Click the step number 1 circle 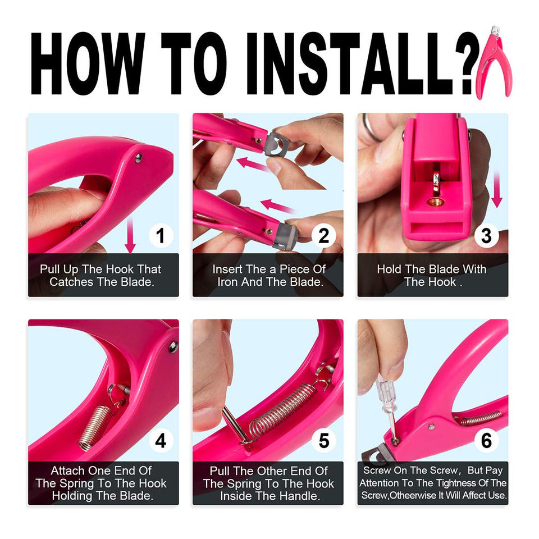161,235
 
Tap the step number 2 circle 323,235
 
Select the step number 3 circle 486,235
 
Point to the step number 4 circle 161,441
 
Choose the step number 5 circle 323,441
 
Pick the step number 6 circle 486,441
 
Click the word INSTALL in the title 351,63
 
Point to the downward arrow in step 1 130,235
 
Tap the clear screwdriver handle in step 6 385,394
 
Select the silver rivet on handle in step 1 138,158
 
